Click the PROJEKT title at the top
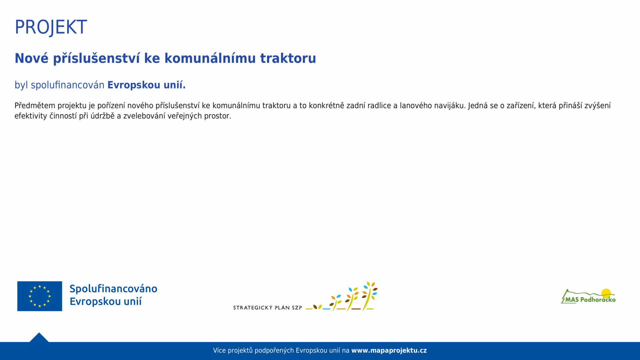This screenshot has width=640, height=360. pyautogui.click(x=51, y=27)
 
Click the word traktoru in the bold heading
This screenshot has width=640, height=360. pyautogui.click(x=288, y=58)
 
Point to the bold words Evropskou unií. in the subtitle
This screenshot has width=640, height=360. pyautogui.click(x=146, y=85)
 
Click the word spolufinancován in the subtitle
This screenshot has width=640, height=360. pyautogui.click(x=68, y=85)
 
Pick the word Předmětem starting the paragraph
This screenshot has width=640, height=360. pyautogui.click(x=35, y=106)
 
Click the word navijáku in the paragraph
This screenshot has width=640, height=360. pyautogui.click(x=450, y=106)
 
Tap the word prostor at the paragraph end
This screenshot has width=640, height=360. pyautogui.click(x=218, y=116)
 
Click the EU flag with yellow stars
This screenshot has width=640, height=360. pyautogui.click(x=40, y=296)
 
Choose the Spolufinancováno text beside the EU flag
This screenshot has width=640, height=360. pyautogui.click(x=113, y=289)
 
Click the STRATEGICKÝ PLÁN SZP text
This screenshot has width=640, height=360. pyautogui.click(x=267, y=308)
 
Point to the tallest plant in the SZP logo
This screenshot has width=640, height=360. pyautogui.click(x=370, y=296)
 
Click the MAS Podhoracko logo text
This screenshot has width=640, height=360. pyautogui.click(x=590, y=300)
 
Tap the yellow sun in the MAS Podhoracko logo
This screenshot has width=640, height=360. pyautogui.click(x=606, y=293)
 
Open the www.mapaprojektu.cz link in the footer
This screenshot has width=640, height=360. pyautogui.click(x=389, y=350)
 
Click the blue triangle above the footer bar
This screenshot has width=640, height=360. pyautogui.click(x=39, y=337)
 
